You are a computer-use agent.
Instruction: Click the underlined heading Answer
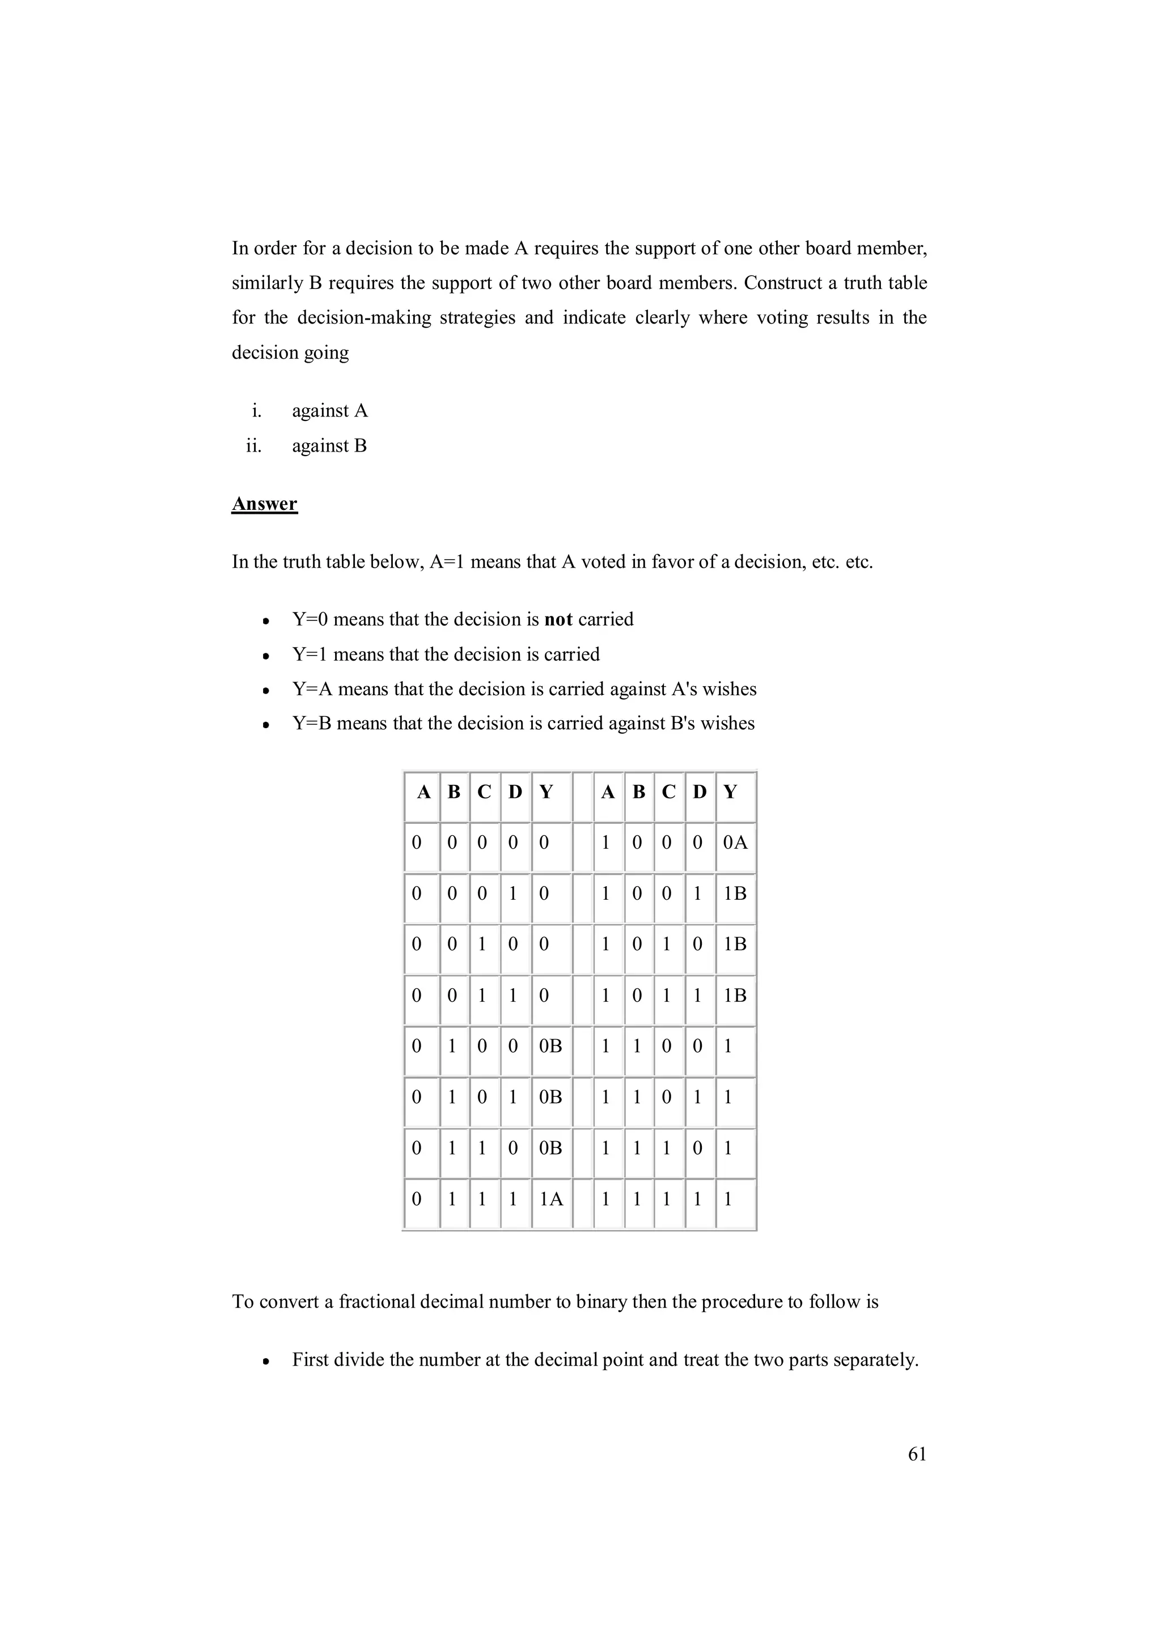tap(264, 504)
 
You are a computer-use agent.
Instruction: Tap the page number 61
tap(916, 1454)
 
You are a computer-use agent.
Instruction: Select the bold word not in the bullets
tap(558, 619)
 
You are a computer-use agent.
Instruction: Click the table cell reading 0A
tap(735, 843)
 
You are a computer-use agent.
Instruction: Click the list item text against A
tap(330, 411)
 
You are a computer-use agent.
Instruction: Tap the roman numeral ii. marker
tap(254, 446)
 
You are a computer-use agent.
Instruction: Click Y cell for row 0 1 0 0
tap(550, 1047)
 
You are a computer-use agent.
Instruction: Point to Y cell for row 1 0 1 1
tap(735, 996)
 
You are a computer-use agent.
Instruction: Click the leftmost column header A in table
tap(423, 793)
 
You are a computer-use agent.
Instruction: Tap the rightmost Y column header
tap(730, 793)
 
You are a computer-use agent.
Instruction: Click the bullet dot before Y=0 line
tap(266, 622)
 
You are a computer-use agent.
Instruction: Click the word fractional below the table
tap(377, 1301)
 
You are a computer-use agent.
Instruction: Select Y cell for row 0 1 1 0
tap(550, 1148)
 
